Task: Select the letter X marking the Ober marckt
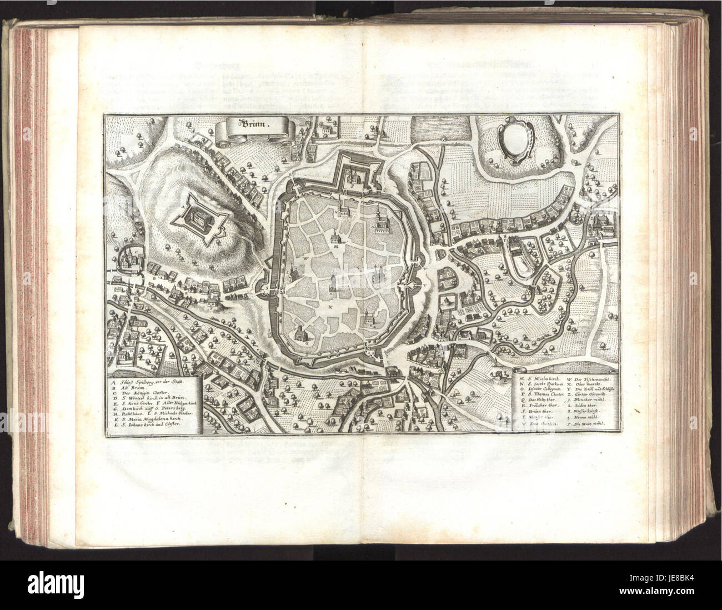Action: pyautogui.click(x=330, y=306)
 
